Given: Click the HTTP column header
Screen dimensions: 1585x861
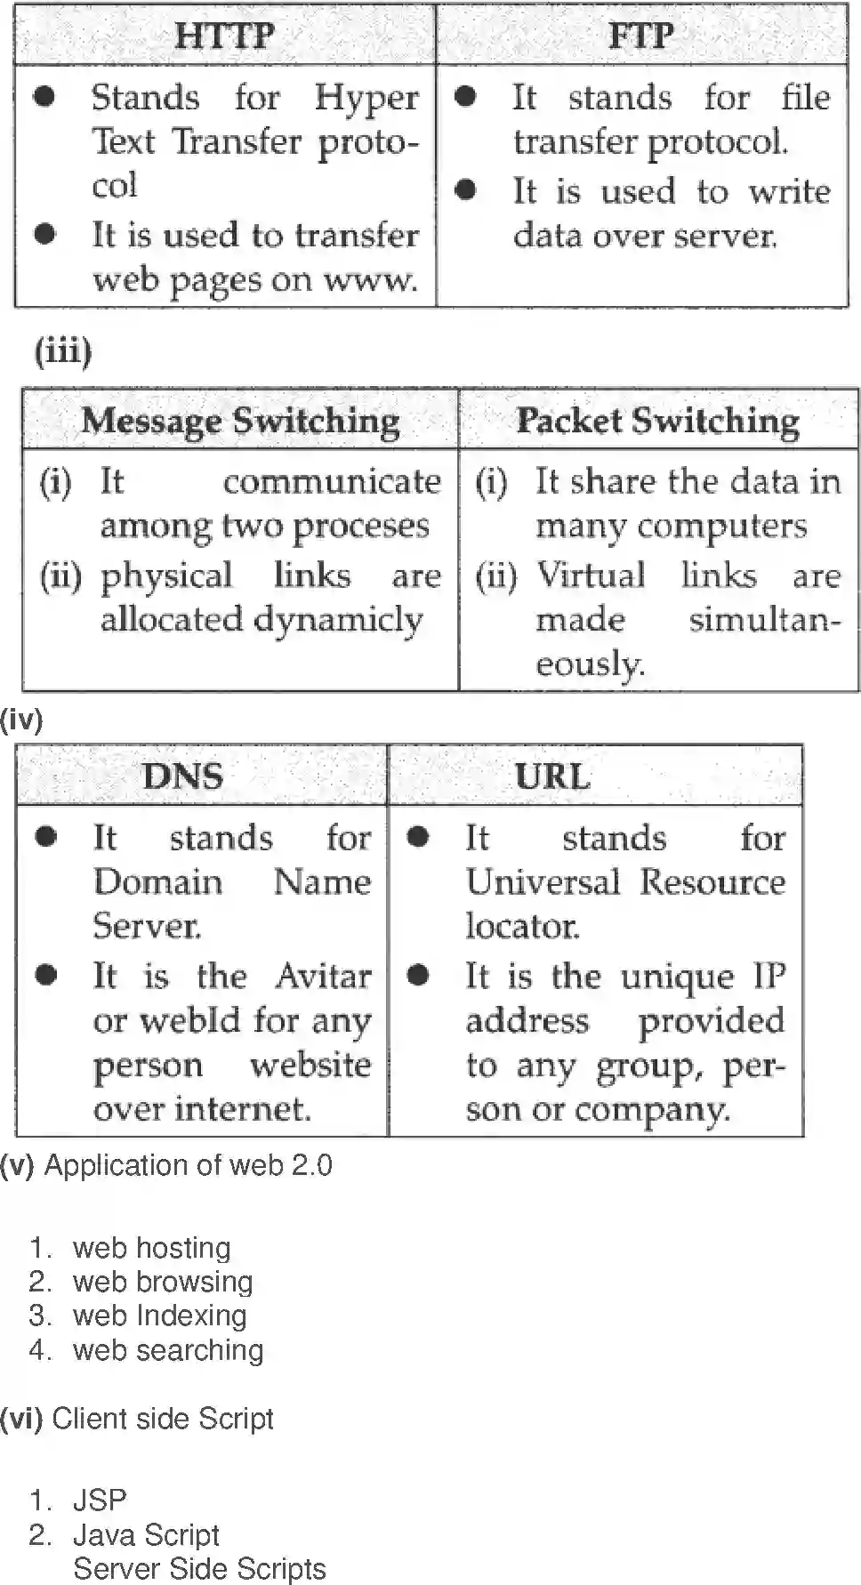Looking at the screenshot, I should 224,36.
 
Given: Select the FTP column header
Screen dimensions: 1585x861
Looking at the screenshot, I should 640,36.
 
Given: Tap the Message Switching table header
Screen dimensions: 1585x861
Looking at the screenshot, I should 240,420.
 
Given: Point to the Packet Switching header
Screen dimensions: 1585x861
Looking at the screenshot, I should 657,420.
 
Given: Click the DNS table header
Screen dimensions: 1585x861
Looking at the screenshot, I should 182,776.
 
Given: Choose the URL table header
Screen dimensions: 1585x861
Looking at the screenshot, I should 552,776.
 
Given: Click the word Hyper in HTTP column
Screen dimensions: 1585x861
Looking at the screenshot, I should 366,98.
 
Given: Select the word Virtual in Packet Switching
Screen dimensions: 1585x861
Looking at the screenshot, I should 591,575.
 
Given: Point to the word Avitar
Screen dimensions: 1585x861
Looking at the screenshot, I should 323,976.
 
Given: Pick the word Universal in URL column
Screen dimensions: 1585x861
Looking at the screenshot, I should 543,882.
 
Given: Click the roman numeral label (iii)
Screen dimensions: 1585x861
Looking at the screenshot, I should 63,351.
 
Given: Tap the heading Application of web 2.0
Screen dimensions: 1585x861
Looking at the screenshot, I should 188,1165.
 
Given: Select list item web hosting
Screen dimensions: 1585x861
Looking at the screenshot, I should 151,1248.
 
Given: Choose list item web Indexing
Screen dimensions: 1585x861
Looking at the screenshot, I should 159,1315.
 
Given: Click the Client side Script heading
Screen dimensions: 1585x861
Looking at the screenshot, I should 162,1419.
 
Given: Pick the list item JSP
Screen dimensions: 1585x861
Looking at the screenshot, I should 100,1501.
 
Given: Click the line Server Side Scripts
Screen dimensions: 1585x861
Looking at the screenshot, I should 199,1568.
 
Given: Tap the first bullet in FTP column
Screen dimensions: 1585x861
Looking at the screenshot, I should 464,96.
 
